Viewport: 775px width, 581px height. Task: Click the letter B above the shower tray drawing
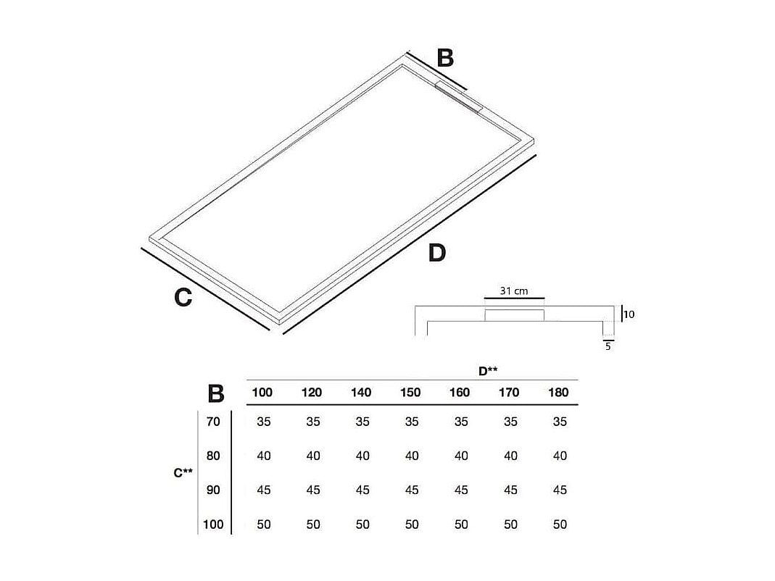(x=445, y=57)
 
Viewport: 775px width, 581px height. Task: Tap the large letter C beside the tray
(x=183, y=297)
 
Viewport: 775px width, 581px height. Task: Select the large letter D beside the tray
(x=436, y=253)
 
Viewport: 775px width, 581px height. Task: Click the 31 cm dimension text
(x=514, y=290)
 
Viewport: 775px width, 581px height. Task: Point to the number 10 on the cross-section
(x=629, y=314)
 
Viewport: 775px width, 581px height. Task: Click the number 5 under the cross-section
(x=608, y=346)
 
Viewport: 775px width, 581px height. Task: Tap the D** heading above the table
(x=488, y=371)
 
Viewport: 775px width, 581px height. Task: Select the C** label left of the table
(x=183, y=473)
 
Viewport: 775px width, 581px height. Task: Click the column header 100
(x=262, y=393)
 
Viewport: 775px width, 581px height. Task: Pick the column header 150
(x=410, y=393)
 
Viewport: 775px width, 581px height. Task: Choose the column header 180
(x=559, y=393)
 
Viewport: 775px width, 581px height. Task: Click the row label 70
(x=213, y=422)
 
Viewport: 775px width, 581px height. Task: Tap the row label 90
(x=213, y=490)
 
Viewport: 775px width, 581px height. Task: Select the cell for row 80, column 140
(x=362, y=456)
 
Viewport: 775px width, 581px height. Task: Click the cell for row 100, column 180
(x=560, y=524)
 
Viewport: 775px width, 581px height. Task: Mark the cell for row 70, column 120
(x=313, y=422)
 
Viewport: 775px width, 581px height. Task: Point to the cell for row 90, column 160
(x=461, y=490)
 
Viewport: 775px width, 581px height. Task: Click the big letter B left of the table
(x=216, y=393)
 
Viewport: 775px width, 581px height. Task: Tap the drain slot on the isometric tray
(x=460, y=96)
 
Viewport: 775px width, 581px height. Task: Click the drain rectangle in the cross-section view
(x=514, y=315)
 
